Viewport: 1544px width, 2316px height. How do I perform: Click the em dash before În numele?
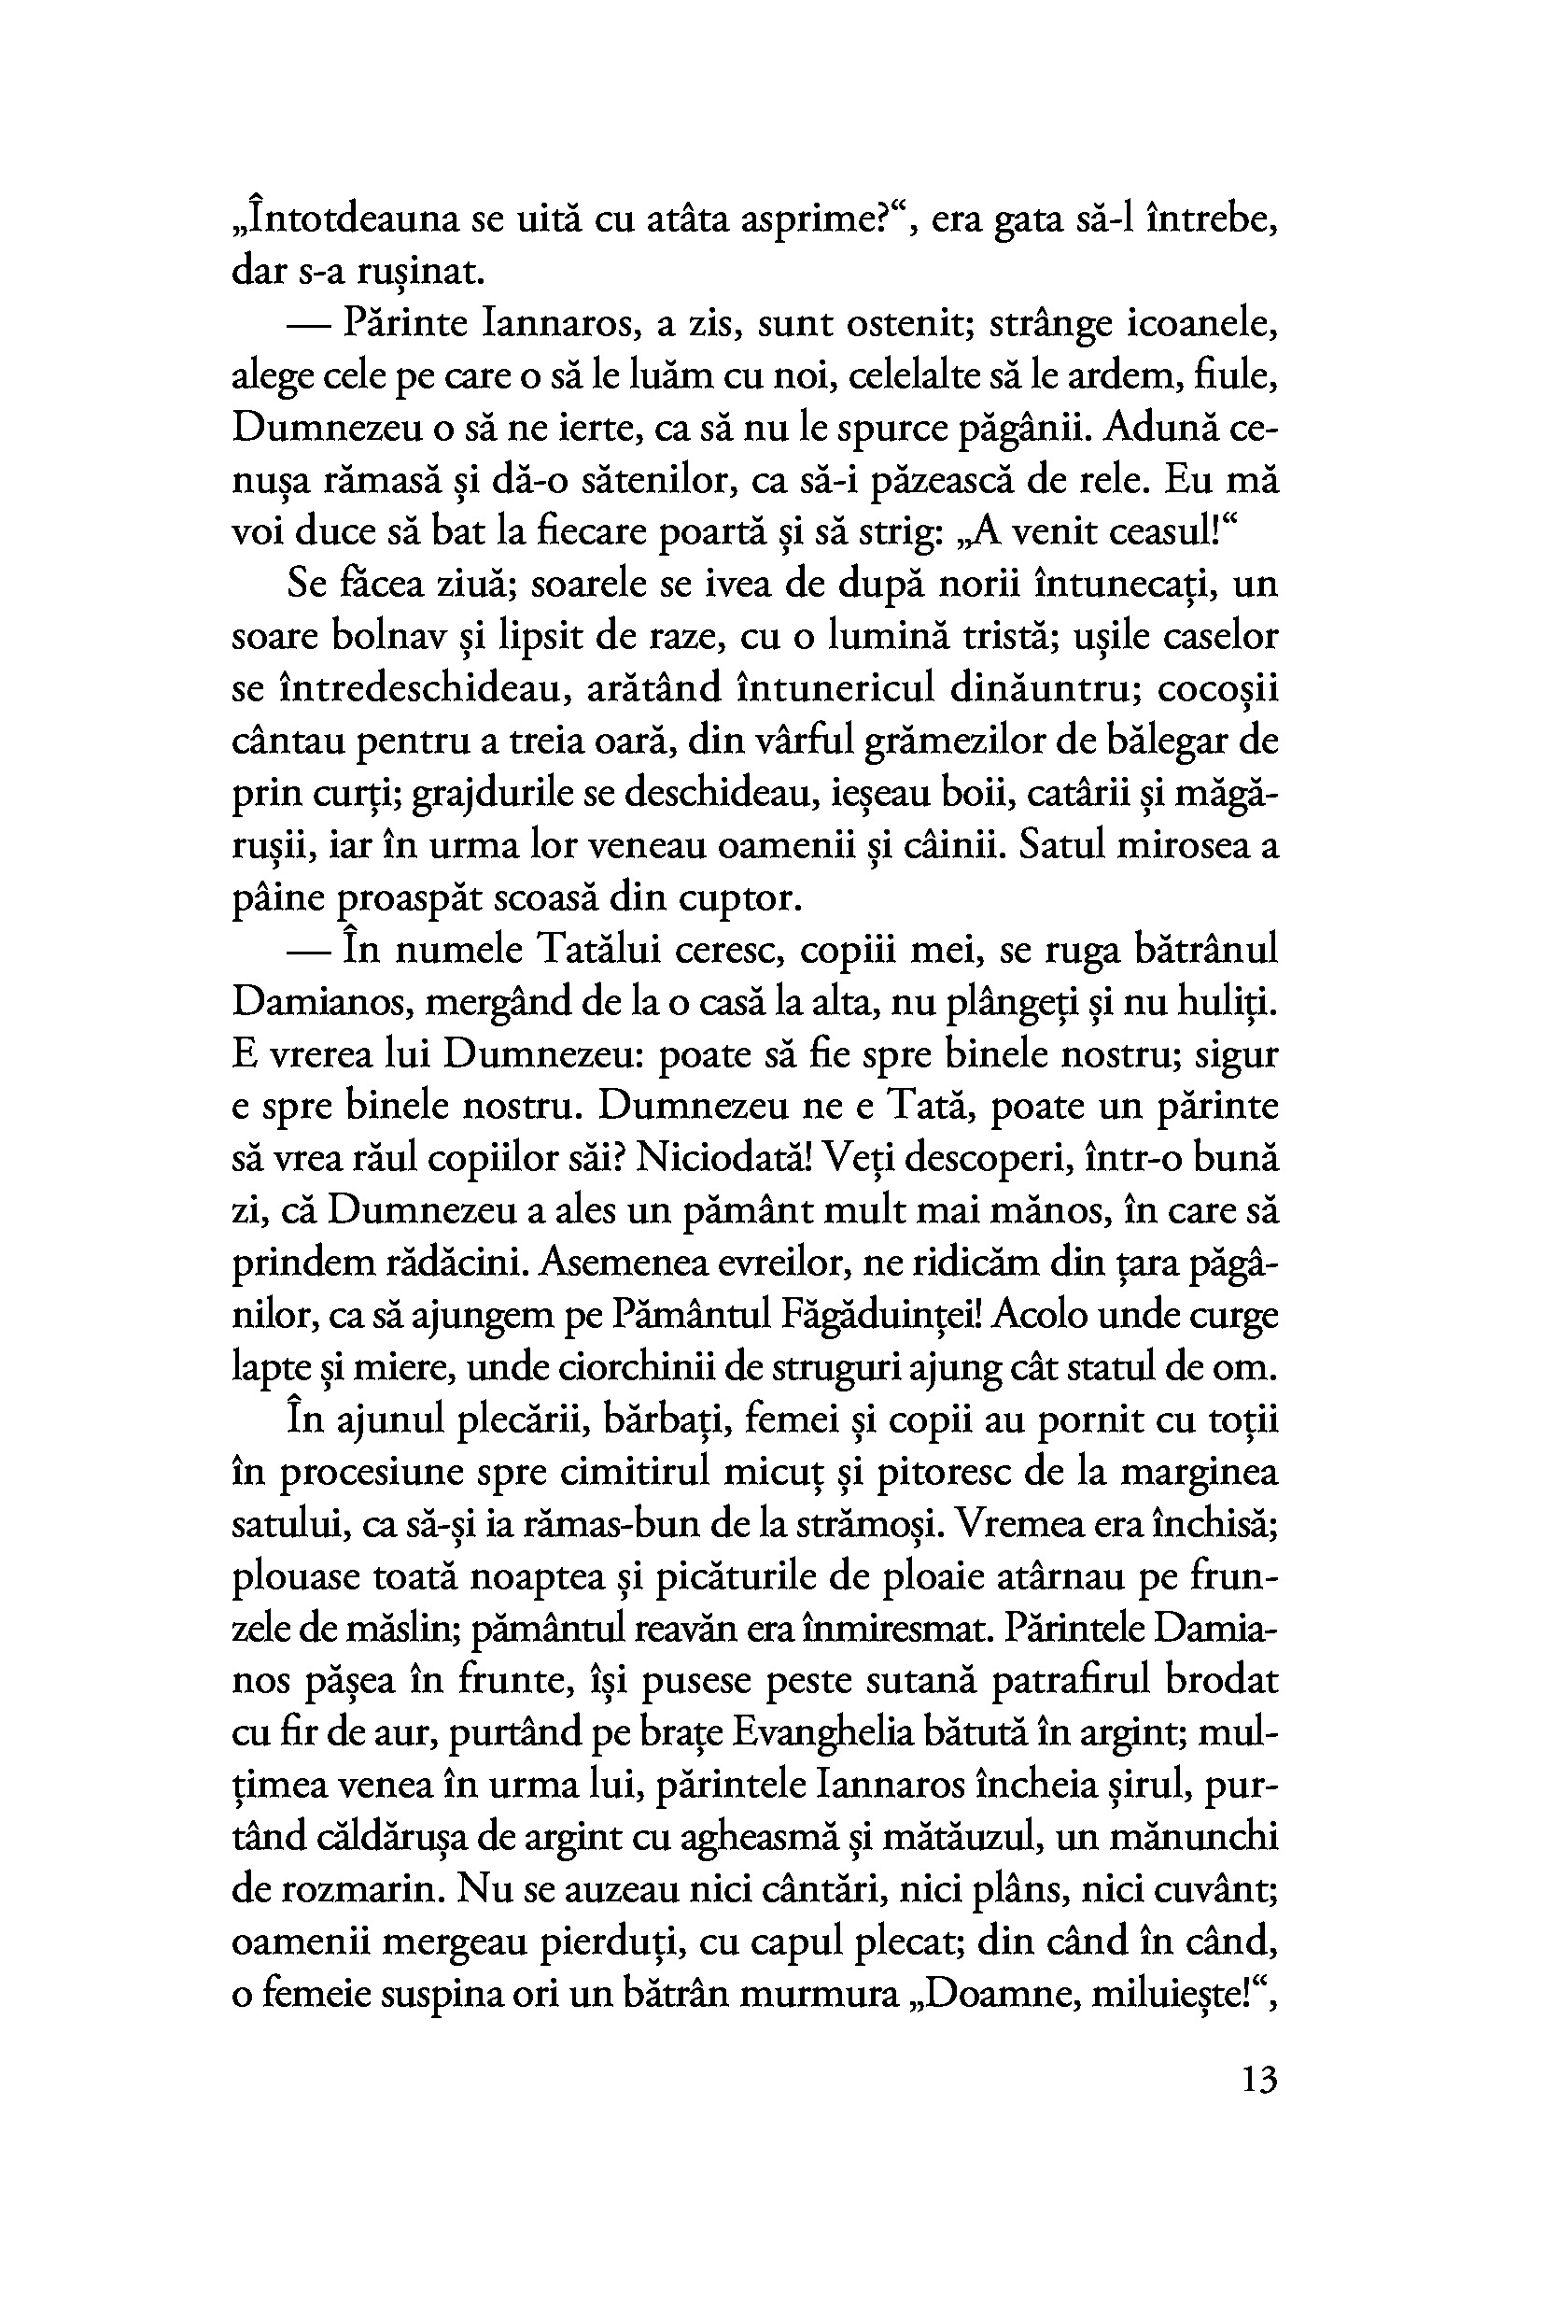click(308, 952)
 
